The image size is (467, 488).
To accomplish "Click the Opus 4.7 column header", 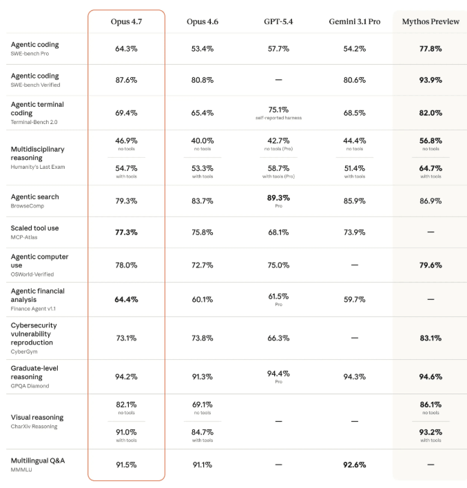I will point(126,22).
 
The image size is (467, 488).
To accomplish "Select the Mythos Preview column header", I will point(430,22).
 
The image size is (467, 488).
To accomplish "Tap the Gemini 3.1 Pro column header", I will point(354,22).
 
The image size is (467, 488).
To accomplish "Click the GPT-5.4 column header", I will point(278,22).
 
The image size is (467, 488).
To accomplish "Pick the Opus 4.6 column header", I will point(202,22).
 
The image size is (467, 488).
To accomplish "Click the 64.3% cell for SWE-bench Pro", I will point(126,49).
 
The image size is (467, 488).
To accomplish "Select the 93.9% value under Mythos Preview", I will point(430,80).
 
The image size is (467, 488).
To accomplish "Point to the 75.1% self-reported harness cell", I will point(278,110).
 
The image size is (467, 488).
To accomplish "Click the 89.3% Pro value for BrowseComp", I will point(278,198).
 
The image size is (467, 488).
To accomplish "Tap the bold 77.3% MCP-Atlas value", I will point(126,232).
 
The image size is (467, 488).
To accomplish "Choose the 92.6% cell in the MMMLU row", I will point(354,465).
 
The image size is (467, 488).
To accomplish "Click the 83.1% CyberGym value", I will point(430,338).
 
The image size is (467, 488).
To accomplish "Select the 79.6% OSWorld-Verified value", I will point(430,265).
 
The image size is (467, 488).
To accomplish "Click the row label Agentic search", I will point(34,196).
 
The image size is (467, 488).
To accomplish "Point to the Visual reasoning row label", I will point(37,417).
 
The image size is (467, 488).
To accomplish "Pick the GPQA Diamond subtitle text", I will point(30,386).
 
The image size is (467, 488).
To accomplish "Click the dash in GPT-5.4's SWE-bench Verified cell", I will point(278,80).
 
